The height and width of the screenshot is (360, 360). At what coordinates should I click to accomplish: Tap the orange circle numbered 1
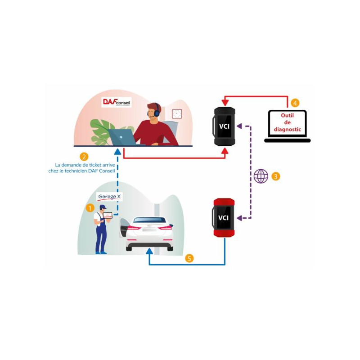(90, 208)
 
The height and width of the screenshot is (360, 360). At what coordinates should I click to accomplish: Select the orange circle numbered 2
(84, 157)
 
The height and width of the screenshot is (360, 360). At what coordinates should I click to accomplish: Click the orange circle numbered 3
(276, 176)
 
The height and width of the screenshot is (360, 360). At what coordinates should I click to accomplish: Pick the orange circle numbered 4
(294, 103)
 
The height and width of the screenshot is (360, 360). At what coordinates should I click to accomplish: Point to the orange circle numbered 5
(190, 258)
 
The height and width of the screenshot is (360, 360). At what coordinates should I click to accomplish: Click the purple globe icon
(261, 176)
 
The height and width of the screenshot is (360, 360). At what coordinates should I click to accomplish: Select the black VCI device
(224, 126)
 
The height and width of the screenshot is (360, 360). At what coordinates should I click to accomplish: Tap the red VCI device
(224, 218)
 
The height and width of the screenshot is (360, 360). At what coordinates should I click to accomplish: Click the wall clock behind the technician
(177, 113)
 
